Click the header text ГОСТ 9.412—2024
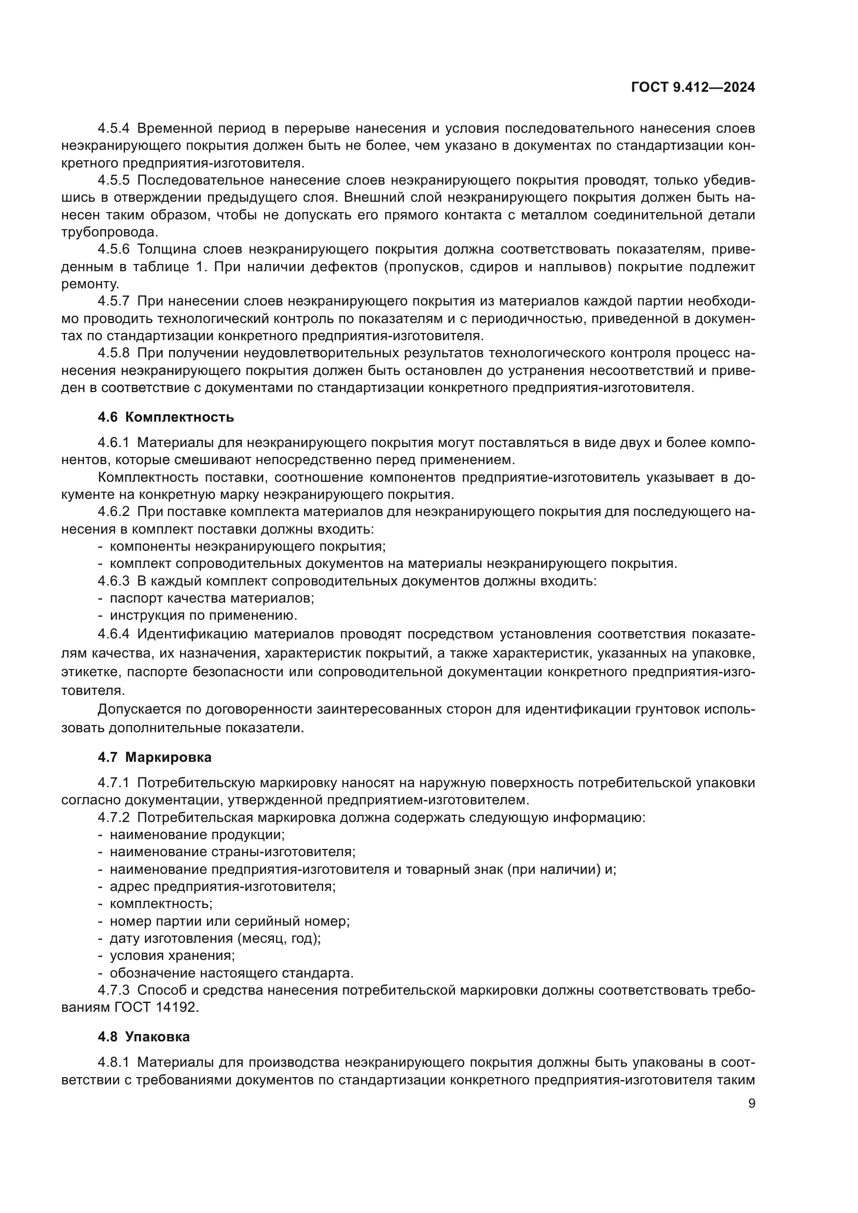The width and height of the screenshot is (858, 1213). (x=693, y=88)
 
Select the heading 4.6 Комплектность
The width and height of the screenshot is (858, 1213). (x=165, y=417)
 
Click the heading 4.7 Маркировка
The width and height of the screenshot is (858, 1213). (x=154, y=757)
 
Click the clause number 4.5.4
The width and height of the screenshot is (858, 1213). (x=114, y=129)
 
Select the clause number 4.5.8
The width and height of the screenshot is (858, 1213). (x=114, y=353)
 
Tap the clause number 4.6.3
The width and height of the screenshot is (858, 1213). (x=114, y=581)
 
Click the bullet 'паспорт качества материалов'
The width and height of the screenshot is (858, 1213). (x=211, y=598)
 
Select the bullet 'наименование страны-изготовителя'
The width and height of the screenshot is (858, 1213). (x=232, y=852)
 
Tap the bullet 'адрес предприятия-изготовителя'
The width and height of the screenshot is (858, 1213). (x=223, y=886)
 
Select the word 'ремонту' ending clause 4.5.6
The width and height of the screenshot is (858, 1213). (x=90, y=284)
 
